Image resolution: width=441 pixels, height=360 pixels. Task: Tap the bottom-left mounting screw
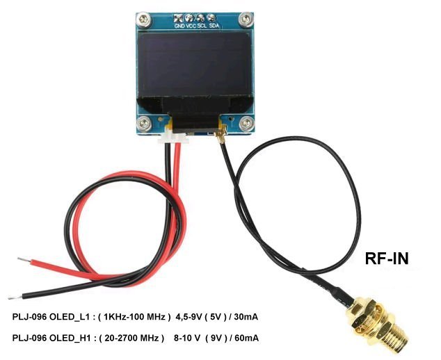tap(144, 124)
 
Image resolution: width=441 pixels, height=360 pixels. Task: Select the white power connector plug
tap(174, 138)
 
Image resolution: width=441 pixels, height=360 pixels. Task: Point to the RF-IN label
tap(387, 259)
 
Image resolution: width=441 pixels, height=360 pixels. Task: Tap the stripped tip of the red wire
tap(24, 261)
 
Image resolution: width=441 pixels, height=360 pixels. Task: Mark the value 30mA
tap(244, 317)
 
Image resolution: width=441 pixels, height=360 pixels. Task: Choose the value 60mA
tap(244, 338)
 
